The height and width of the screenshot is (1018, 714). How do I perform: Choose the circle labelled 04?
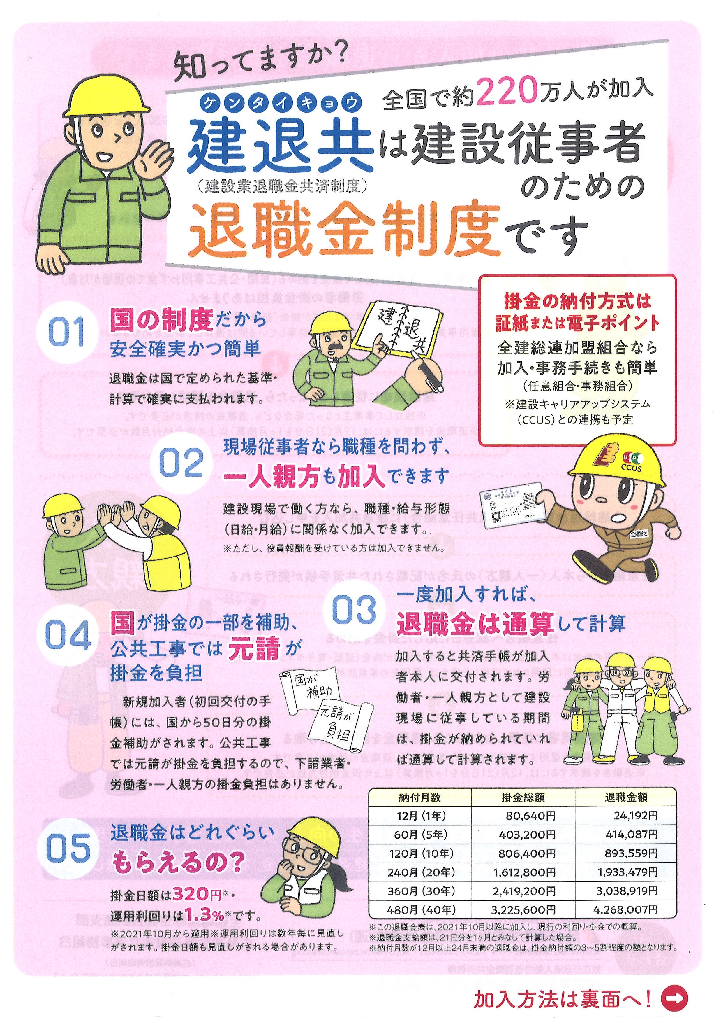68,635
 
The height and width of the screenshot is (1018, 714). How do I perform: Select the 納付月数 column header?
420,797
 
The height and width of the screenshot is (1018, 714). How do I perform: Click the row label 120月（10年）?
420,853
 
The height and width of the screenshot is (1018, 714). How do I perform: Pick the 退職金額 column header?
625,797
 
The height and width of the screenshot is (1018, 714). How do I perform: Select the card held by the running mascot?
514,504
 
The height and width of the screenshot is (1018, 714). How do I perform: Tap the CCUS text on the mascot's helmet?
631,467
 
